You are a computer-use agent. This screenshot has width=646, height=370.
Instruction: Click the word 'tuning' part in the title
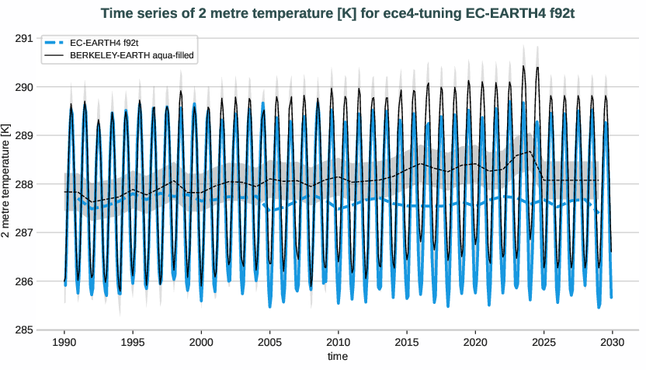[419, 12]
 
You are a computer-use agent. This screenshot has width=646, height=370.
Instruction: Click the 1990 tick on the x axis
[64, 342]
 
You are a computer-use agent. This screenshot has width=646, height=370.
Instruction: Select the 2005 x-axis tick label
[269, 342]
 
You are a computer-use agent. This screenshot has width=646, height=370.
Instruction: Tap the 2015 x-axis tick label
[407, 342]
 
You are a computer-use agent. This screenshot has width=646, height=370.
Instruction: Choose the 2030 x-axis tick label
[613, 342]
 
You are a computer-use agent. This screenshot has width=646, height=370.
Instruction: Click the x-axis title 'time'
[338, 357]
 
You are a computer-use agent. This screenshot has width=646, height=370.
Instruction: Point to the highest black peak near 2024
[523, 66]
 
